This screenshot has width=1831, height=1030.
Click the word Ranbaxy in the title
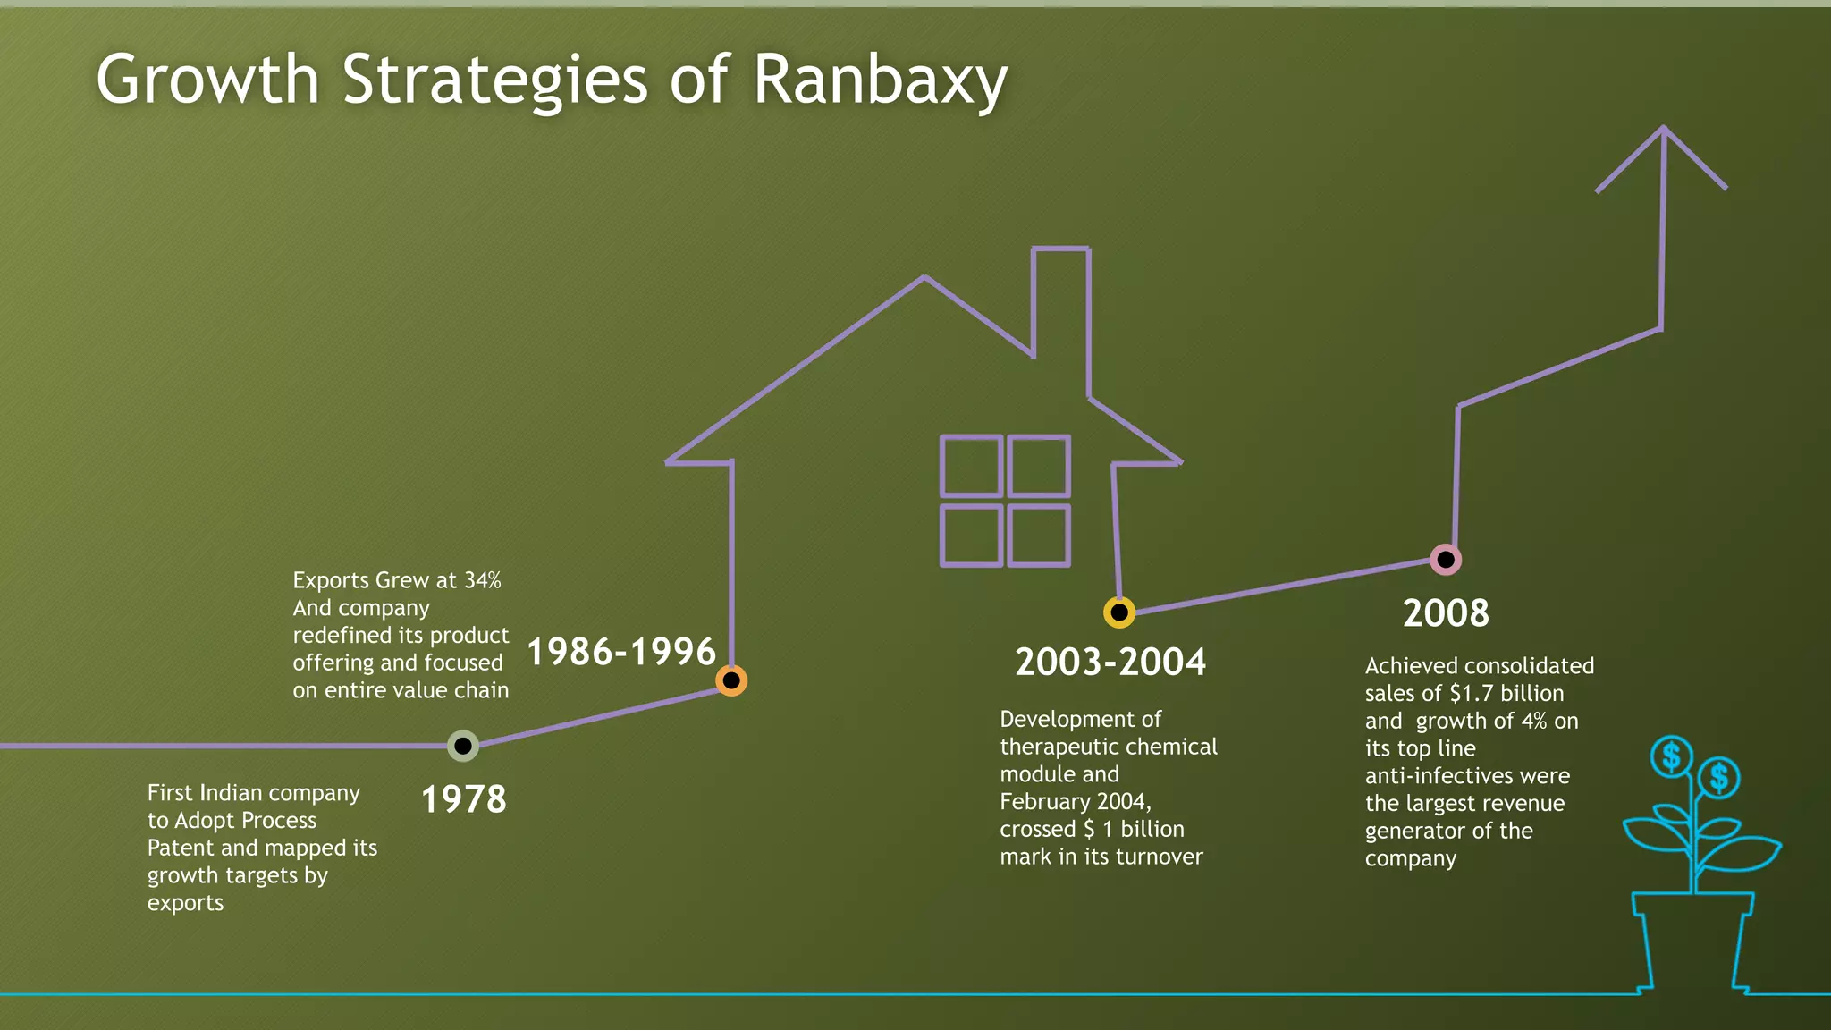[x=881, y=80]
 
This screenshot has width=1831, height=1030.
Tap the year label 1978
[x=463, y=799]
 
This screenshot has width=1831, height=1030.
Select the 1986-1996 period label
[x=621, y=652]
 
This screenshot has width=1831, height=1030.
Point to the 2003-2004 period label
[x=1110, y=663]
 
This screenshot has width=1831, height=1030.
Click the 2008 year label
[x=1446, y=613]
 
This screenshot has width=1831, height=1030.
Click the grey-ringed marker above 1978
[x=463, y=745]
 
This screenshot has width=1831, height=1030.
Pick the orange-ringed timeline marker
[x=731, y=680]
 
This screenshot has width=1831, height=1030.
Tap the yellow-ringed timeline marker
[x=1119, y=612]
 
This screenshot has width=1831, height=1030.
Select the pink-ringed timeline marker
[x=1446, y=560]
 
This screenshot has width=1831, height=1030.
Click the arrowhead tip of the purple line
[x=1663, y=131]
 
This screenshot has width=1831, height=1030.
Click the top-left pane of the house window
[x=971, y=466]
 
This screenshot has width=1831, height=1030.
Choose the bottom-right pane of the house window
[x=1039, y=536]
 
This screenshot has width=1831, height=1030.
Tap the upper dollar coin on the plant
[x=1671, y=756]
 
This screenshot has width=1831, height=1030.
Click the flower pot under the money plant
[x=1692, y=939]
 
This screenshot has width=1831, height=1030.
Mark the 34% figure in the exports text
[x=483, y=580]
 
